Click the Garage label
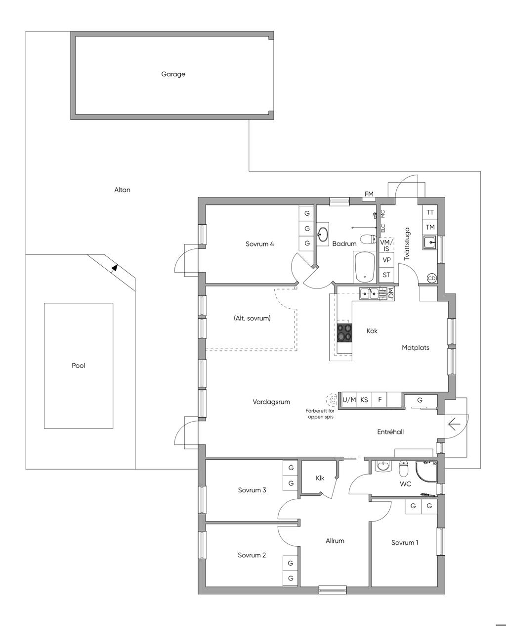pyautogui.click(x=173, y=74)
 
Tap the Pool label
pyautogui.click(x=79, y=365)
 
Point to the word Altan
pyautogui.click(x=122, y=190)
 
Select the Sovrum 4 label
pyautogui.click(x=259, y=243)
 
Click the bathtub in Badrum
pyautogui.click(x=365, y=267)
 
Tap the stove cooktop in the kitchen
pyautogui.click(x=344, y=333)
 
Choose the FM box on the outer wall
pyautogui.click(x=369, y=194)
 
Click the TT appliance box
pyautogui.click(x=430, y=212)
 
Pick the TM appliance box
pyautogui.click(x=430, y=227)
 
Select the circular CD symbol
pyautogui.click(x=431, y=278)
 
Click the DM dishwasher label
pyautogui.click(x=391, y=293)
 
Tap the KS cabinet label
pyautogui.click(x=364, y=400)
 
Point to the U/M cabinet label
pyautogui.click(x=349, y=400)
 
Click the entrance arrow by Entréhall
pyautogui.click(x=454, y=424)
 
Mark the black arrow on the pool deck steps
pyautogui.click(x=115, y=268)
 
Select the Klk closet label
pyautogui.click(x=320, y=478)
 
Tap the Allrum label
pyautogui.click(x=335, y=541)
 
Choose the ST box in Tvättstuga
pyautogui.click(x=386, y=275)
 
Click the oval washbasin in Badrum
pyautogui.click(x=323, y=235)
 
